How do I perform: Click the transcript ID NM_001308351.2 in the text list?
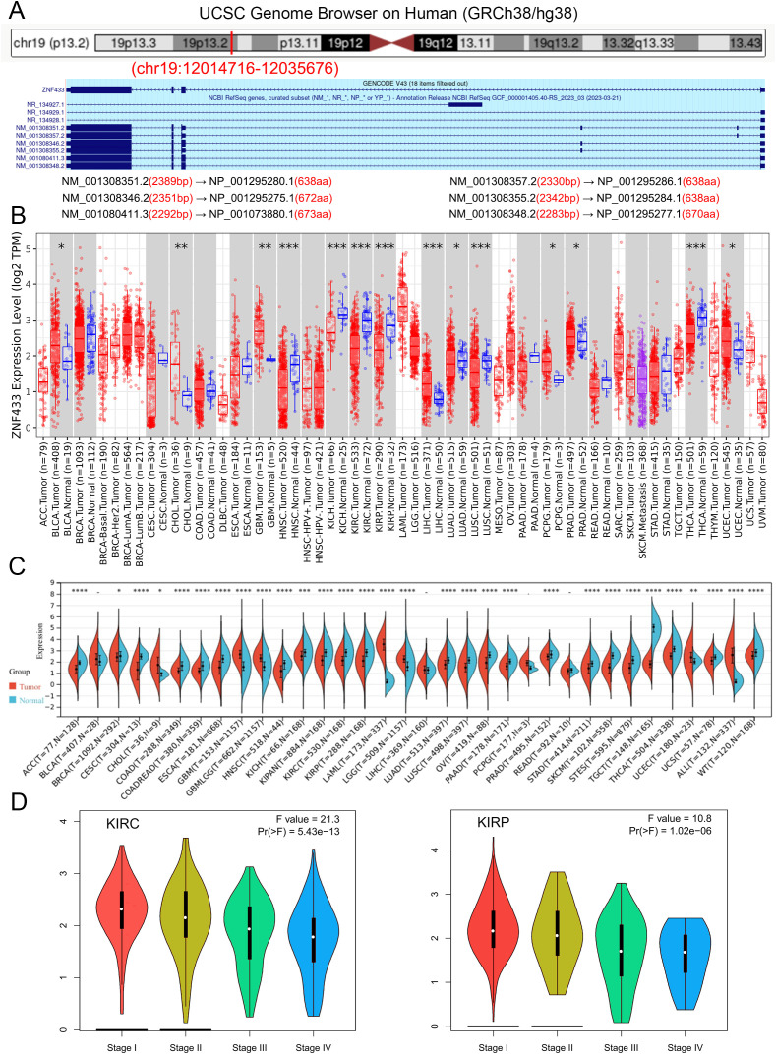(128, 183)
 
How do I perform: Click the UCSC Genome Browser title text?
(388, 13)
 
